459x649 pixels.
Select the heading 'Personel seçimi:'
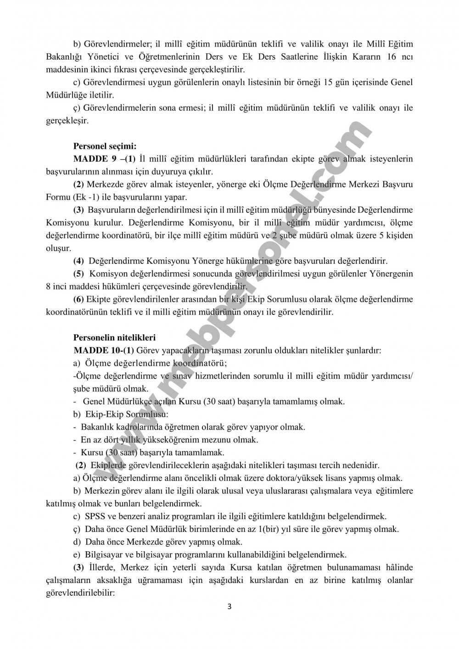click(105, 147)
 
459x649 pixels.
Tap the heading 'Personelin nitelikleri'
click(114, 338)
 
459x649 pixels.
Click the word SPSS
click(95, 516)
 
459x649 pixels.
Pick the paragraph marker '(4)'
click(78, 261)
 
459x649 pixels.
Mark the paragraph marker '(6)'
click(78, 299)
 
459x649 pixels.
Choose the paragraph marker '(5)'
click(78, 274)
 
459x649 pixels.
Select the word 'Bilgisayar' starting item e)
click(102, 554)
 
